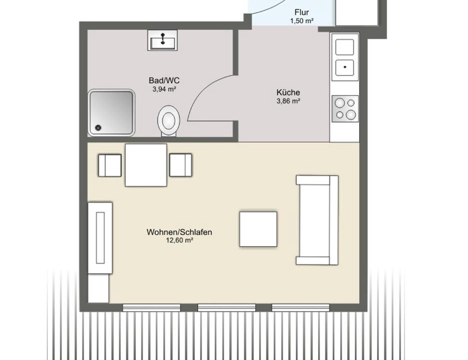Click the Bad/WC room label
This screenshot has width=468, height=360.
(x=164, y=80)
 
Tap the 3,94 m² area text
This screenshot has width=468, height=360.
(x=164, y=89)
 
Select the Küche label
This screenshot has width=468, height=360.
(x=288, y=92)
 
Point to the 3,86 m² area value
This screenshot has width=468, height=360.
(x=288, y=101)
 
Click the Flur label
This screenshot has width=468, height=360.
(x=302, y=12)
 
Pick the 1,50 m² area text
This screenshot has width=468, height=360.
(x=302, y=21)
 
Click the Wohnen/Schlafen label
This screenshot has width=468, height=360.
(x=179, y=232)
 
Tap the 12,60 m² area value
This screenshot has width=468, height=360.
(x=179, y=240)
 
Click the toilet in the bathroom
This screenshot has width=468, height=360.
(x=169, y=121)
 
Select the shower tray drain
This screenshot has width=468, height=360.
(x=98, y=127)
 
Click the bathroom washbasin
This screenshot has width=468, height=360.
(x=163, y=40)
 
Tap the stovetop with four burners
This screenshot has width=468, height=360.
(x=345, y=108)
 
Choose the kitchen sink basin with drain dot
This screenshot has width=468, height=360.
(x=345, y=67)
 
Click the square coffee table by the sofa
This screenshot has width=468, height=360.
(x=258, y=229)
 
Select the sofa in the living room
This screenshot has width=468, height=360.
(x=317, y=220)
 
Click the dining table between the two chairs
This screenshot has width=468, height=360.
(x=146, y=165)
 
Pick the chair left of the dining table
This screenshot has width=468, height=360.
(x=110, y=165)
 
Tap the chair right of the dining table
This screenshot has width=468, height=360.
(x=181, y=165)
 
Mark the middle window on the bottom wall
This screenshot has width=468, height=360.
(x=227, y=307)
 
